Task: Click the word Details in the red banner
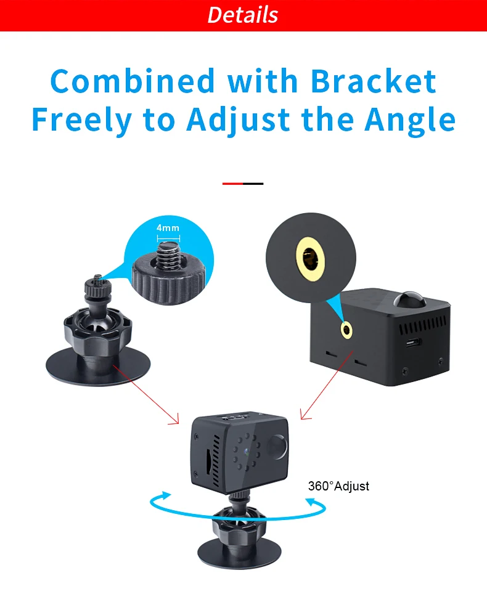[x=243, y=15]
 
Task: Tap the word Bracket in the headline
[x=373, y=82]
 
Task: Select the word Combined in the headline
[x=133, y=82]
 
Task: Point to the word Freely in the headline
[x=81, y=121]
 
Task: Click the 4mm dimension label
[x=168, y=228]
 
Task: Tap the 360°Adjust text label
[x=338, y=486]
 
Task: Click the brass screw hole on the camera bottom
[x=347, y=330]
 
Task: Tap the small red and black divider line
[x=243, y=184]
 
